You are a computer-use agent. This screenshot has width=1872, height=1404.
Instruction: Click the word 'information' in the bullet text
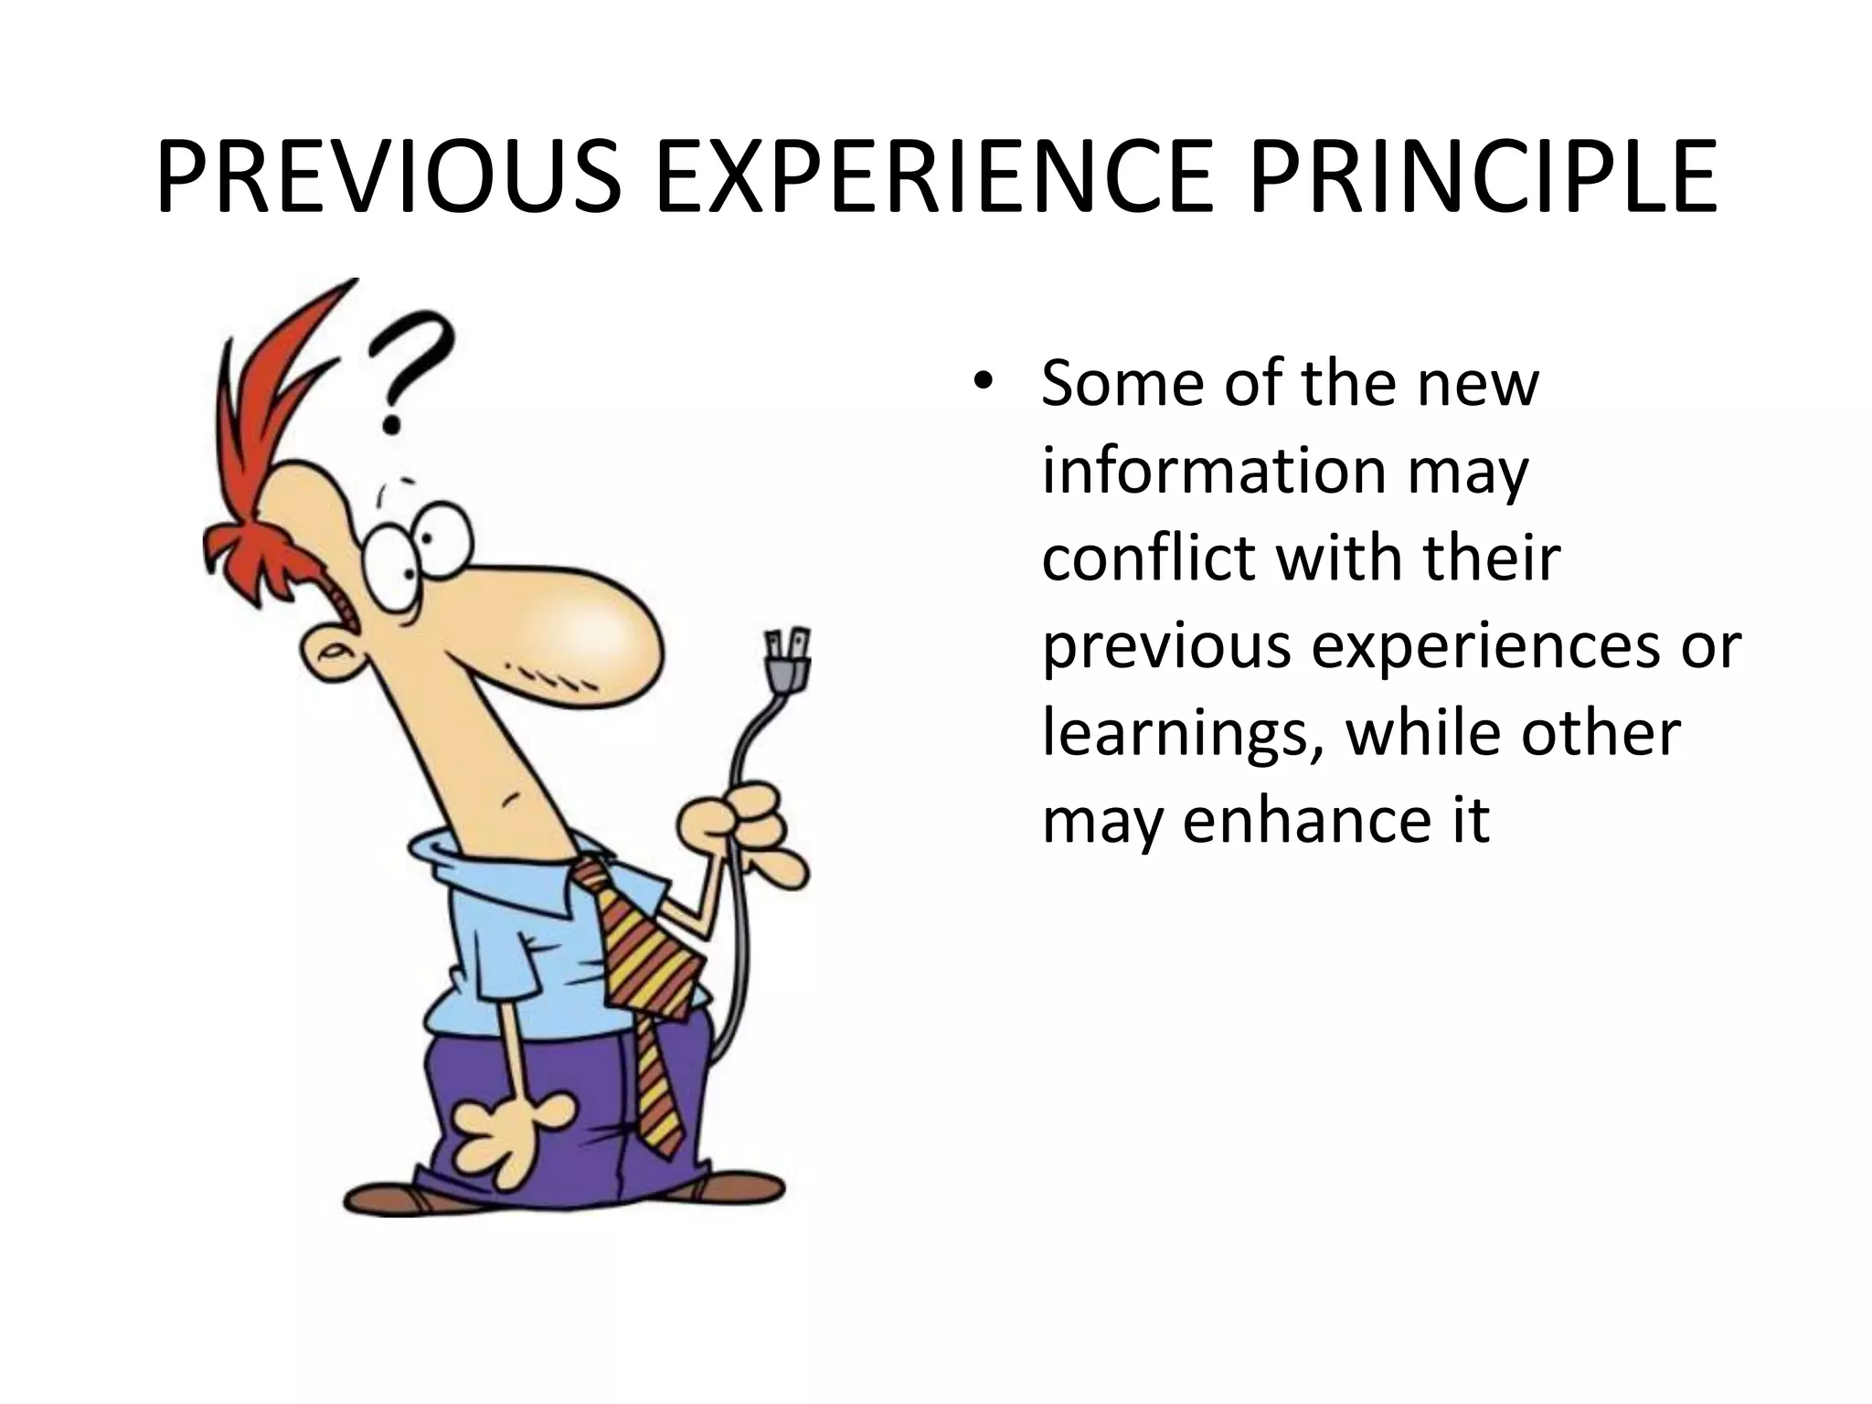(x=1214, y=470)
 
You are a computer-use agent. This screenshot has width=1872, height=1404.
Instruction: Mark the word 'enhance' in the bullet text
(x=1298, y=819)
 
